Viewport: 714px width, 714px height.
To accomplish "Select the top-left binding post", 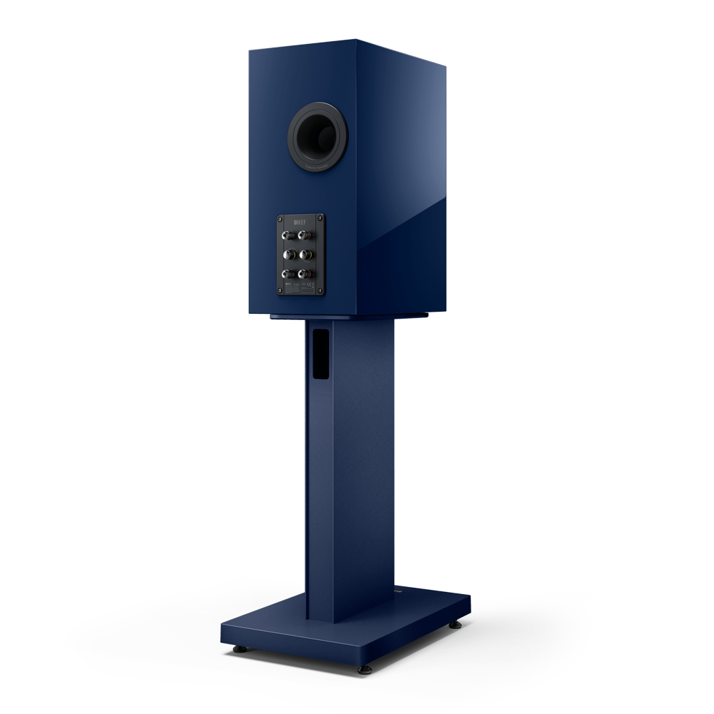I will (287, 236).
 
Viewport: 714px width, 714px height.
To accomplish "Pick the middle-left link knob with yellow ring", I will (287, 255).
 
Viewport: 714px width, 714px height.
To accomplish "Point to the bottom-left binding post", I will (287, 274).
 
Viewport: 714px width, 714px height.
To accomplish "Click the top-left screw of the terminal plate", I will (281, 219).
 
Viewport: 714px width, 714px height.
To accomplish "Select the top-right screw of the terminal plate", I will (321, 218).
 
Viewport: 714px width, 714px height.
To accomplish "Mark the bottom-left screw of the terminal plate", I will (282, 291).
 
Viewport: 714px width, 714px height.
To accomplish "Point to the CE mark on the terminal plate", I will (312, 287).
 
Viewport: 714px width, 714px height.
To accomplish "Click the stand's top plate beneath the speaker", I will (349, 317).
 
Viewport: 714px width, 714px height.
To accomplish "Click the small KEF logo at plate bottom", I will (285, 285).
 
